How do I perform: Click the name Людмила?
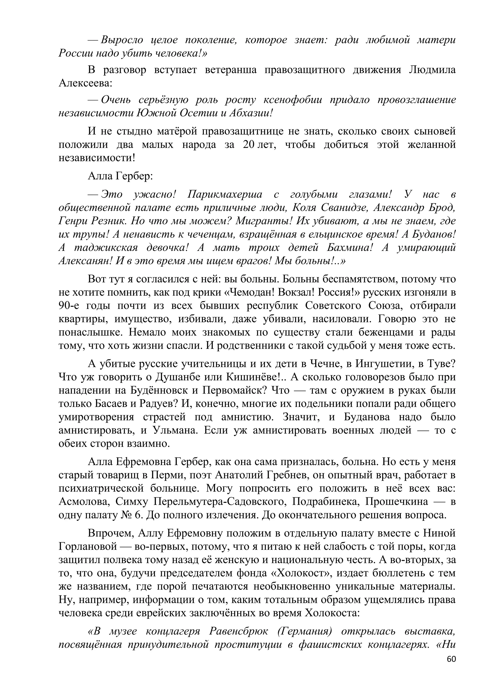pyautogui.click(x=432, y=70)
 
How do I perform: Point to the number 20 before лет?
pyautogui.click(x=249, y=145)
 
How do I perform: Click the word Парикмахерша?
pyautogui.click(x=225, y=194)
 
